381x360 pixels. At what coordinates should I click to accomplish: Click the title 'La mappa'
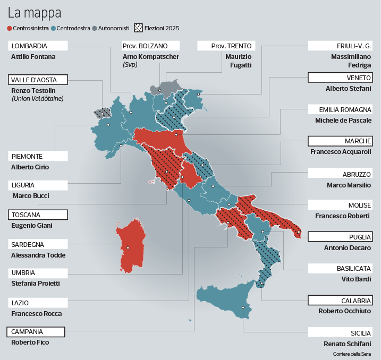[34, 12]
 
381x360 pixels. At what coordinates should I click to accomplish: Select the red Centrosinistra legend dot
[10, 28]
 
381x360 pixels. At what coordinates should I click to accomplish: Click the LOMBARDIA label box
[37, 46]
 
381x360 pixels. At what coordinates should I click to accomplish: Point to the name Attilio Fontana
[33, 56]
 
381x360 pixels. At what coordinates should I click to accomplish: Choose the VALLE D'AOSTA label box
[39, 80]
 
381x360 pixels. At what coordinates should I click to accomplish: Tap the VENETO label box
[340, 78]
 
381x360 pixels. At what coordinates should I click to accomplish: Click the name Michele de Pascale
[343, 121]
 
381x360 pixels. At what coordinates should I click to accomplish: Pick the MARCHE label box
[340, 141]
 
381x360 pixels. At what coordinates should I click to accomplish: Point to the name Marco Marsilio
[349, 185]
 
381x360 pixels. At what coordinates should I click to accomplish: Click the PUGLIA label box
[340, 237]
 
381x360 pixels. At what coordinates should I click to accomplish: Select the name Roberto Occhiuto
[344, 311]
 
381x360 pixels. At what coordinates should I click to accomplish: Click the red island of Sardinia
[130, 247]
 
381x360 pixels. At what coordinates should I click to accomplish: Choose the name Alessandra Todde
[38, 255]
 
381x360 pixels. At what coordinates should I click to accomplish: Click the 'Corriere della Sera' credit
[352, 354]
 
